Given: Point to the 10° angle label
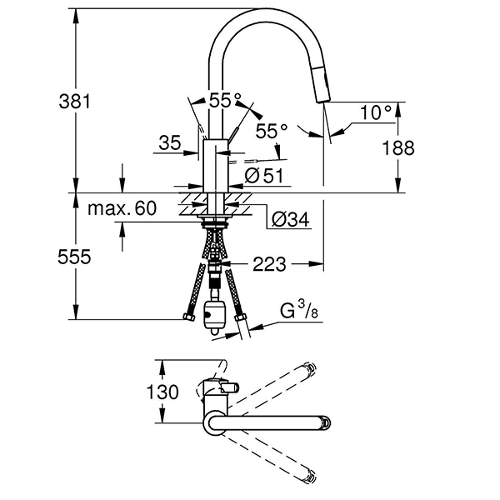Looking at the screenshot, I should coord(376,112).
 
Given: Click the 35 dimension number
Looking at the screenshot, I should coord(169,144).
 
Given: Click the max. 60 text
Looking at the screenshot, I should coord(122,208).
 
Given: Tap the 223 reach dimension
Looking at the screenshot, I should coord(269,265).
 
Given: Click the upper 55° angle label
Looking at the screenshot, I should coord(225,100).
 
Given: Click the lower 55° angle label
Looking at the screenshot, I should coord(271,131).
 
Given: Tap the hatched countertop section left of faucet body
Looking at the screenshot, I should coord(191,200).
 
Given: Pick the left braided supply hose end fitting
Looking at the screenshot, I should coord(186,317).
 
